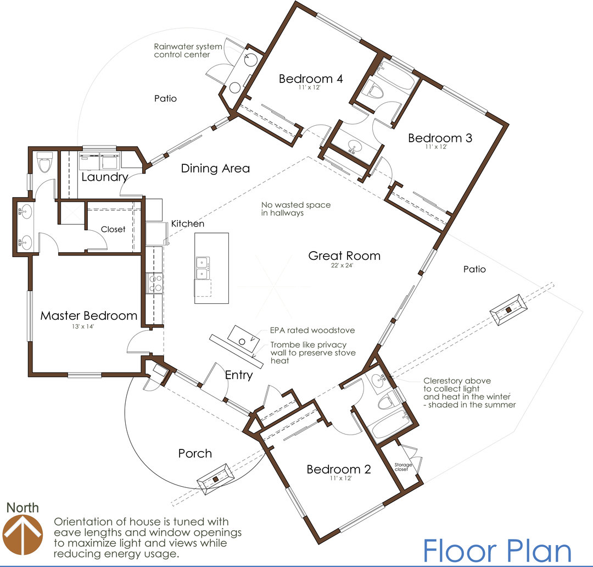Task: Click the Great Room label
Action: click(x=344, y=256)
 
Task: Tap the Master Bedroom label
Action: click(x=89, y=316)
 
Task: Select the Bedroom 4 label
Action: click(x=311, y=79)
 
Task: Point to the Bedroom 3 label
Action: click(x=440, y=138)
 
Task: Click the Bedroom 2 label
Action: click(x=339, y=469)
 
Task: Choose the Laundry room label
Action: click(x=105, y=177)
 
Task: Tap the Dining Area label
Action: click(x=215, y=169)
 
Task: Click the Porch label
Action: click(x=195, y=453)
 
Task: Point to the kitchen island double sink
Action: click(x=203, y=268)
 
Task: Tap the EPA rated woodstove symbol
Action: click(x=244, y=339)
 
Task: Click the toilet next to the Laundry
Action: click(x=44, y=162)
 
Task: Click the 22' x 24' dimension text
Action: click(x=342, y=266)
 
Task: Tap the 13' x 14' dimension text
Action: click(x=83, y=326)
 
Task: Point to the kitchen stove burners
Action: click(x=155, y=283)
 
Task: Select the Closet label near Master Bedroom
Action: click(x=113, y=229)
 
